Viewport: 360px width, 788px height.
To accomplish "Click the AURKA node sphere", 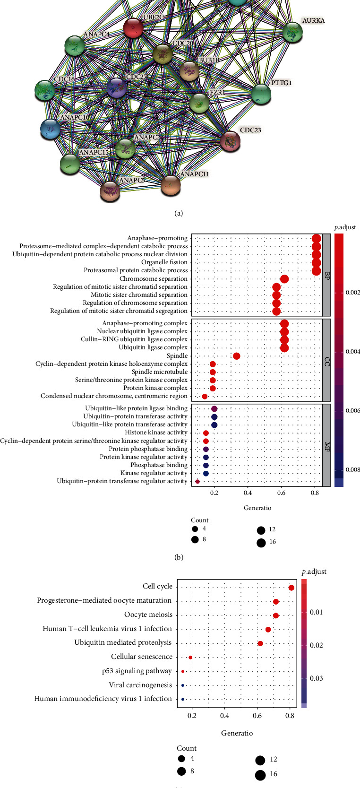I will click(292, 33).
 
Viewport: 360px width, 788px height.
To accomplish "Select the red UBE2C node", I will click(133, 28).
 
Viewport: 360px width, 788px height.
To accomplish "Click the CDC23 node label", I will click(250, 130).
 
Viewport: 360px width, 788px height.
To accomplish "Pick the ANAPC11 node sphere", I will click(171, 185).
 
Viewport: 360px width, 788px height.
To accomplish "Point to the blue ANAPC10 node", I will click(50, 129).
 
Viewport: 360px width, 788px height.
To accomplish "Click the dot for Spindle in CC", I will click(236, 356).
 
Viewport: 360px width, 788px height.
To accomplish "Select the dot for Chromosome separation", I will click(284, 279).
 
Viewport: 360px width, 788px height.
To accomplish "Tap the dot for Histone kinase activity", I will click(206, 433).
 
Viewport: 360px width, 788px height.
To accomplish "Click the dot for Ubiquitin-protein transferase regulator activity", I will click(197, 481).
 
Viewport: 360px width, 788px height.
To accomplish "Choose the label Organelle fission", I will click(164, 262).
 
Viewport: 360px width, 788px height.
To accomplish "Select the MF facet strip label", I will click(326, 445).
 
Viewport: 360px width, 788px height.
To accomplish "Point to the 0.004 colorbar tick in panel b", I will click(352, 352).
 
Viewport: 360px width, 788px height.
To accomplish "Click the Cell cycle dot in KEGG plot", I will click(291, 588).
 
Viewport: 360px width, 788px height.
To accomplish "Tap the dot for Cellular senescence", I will click(190, 657).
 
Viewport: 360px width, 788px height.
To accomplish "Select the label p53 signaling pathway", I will click(137, 671).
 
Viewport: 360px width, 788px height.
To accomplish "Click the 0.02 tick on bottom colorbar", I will click(316, 645).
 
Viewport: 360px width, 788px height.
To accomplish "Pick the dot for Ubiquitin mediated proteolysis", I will click(260, 643).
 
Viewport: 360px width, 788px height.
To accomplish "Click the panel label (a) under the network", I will click(178, 214).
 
